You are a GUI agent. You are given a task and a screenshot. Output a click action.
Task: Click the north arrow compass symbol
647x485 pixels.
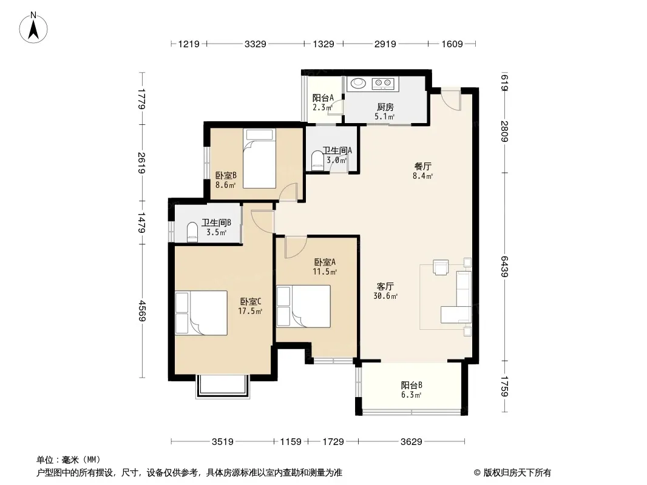33,28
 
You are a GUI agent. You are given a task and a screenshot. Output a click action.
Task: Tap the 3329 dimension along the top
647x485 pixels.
255,44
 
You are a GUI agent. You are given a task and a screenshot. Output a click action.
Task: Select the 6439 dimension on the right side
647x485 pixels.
504,266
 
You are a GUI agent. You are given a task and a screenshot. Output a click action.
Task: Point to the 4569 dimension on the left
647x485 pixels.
141,310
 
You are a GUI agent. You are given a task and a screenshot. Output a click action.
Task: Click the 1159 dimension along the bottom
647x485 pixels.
291,442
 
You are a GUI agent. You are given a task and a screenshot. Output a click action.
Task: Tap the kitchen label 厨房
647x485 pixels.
385,107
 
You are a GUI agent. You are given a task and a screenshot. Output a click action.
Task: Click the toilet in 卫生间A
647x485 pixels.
317,161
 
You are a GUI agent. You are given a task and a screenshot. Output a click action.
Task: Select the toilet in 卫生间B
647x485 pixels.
192,232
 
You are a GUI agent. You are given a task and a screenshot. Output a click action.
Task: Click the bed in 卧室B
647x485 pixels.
259,159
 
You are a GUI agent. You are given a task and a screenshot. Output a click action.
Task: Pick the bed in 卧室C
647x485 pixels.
201,313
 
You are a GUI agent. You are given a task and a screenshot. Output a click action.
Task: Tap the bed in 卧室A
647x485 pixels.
303,306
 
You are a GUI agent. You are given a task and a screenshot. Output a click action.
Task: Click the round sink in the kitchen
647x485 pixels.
358,83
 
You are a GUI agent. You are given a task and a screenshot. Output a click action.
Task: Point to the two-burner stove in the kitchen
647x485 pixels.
383,84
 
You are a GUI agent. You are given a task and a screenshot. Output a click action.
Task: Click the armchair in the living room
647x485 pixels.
441,267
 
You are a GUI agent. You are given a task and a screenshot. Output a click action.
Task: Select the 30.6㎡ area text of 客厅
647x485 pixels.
385,296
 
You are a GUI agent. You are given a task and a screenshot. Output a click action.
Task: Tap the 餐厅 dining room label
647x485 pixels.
422,167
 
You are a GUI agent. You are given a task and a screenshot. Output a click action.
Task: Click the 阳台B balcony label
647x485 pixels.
412,386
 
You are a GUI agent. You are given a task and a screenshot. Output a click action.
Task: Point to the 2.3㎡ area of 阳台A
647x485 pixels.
322,107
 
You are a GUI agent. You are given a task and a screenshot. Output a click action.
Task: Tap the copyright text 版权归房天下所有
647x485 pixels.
517,473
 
